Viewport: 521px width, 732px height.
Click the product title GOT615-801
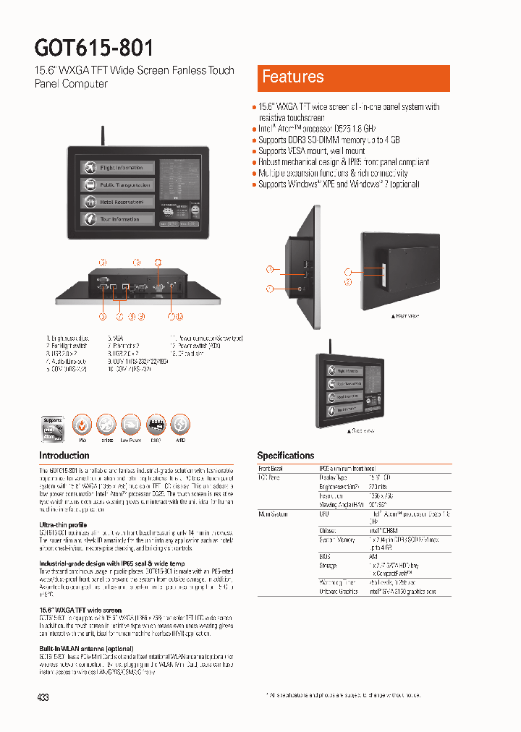click(x=94, y=48)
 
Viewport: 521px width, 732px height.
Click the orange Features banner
click(x=353, y=77)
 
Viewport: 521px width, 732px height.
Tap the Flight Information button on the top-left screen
click(x=118, y=168)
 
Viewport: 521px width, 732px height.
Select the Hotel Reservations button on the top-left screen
click(x=118, y=202)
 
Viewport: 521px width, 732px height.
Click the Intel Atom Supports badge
click(x=53, y=427)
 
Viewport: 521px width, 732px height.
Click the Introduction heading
click(x=64, y=456)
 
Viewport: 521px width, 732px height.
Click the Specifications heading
click(x=286, y=456)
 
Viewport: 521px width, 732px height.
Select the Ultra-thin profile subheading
click(x=63, y=524)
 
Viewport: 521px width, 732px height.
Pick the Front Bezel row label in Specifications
click(x=271, y=469)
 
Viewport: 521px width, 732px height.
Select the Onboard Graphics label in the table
click(x=338, y=592)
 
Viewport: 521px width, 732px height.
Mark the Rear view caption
click(x=404, y=316)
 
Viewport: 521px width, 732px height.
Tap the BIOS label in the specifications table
click(x=324, y=556)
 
